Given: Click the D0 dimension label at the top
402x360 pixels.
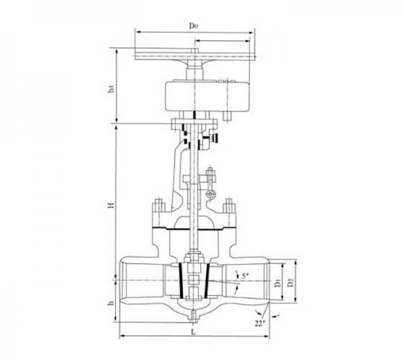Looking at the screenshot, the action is click(x=194, y=25).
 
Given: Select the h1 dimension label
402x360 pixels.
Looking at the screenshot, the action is click(x=111, y=89).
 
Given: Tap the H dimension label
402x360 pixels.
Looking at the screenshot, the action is click(x=111, y=205).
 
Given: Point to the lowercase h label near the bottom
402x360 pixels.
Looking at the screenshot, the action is click(x=110, y=303).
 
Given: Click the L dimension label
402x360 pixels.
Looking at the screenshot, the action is click(x=194, y=332).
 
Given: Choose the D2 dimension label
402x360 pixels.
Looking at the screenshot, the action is click(x=290, y=282).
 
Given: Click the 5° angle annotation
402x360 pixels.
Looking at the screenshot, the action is click(x=246, y=276).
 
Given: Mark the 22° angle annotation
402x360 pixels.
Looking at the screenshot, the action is click(x=261, y=323).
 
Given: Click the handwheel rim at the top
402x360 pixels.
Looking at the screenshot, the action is click(x=195, y=56).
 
